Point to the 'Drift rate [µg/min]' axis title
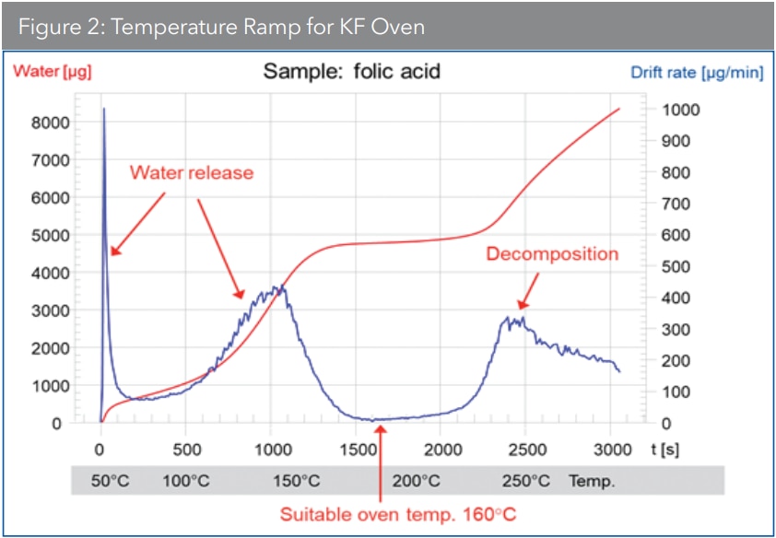(697, 72)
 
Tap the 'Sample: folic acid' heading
(352, 71)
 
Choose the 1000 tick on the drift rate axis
(682, 110)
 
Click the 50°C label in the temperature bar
(112, 481)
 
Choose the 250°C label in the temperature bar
(525, 481)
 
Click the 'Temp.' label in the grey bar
(593, 481)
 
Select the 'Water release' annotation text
(191, 172)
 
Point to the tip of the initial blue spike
(103, 109)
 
